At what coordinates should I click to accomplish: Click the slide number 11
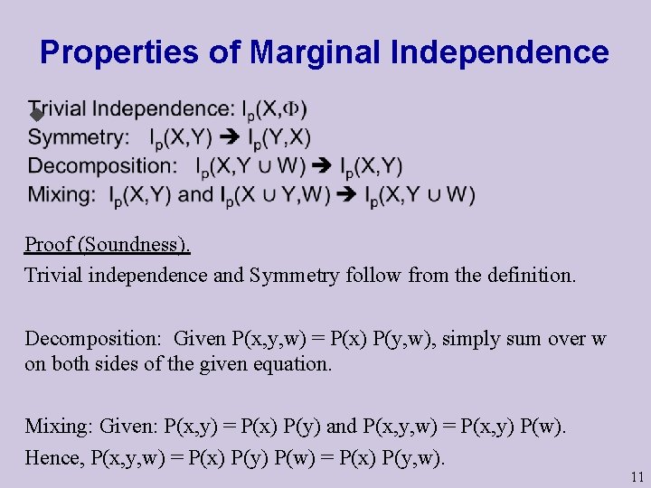(x=637, y=476)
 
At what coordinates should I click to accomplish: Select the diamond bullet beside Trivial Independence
(x=36, y=115)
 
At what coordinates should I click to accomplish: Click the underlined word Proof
(x=49, y=244)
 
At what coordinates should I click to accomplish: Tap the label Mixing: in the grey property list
(x=62, y=194)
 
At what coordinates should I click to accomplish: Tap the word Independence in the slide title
(x=500, y=52)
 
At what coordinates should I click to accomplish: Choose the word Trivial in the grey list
(x=58, y=109)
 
